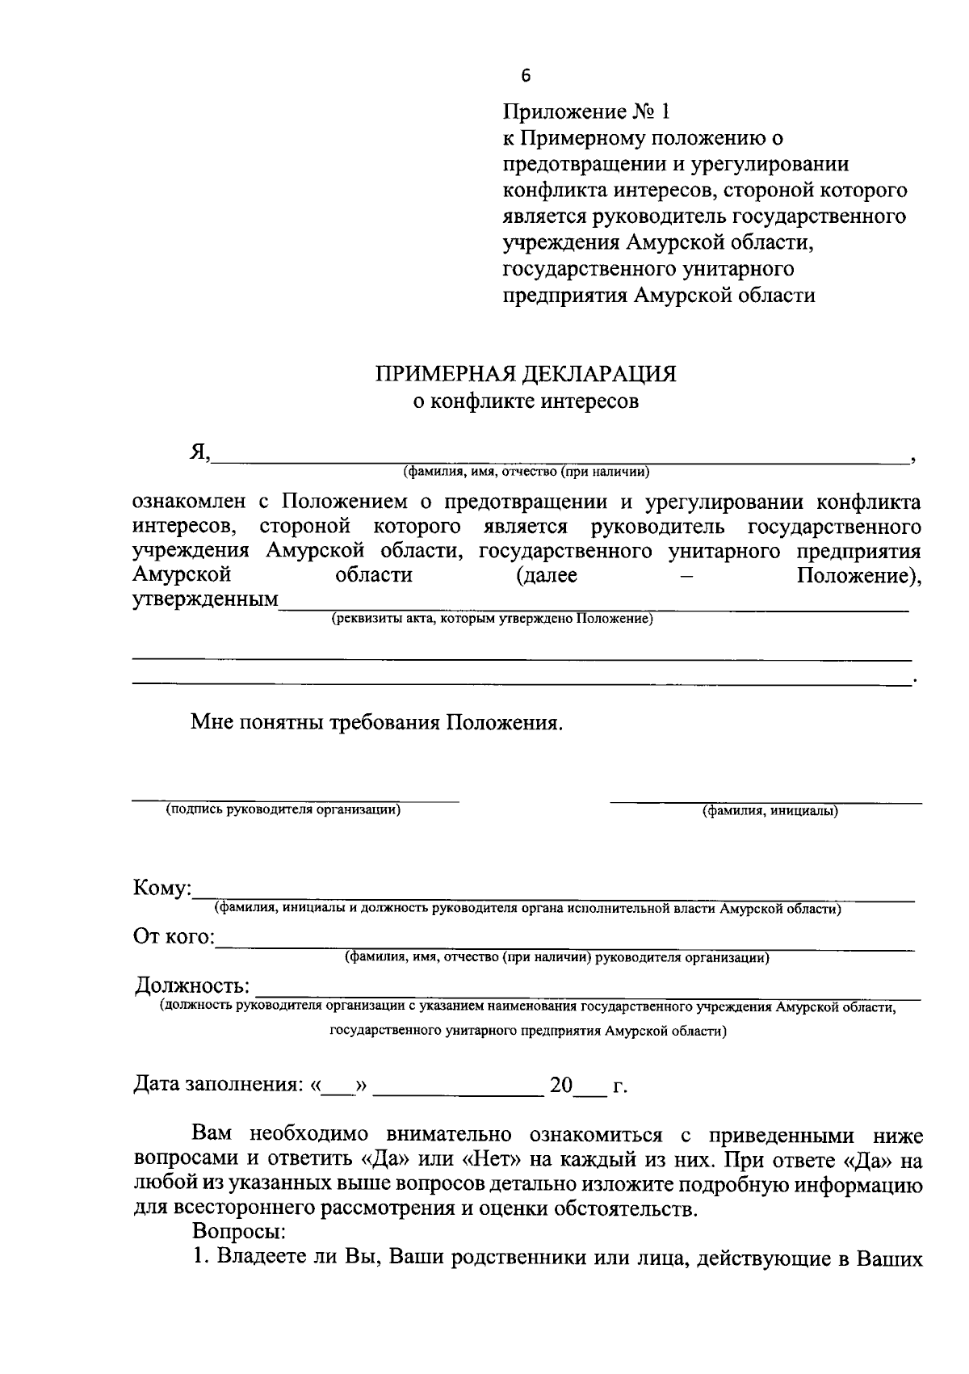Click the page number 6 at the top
(x=526, y=76)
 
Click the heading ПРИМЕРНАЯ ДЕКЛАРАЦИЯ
(x=525, y=373)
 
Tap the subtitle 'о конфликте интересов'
(x=526, y=401)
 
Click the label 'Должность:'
(x=191, y=985)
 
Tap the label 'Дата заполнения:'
(x=217, y=1085)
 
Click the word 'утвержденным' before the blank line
(x=205, y=600)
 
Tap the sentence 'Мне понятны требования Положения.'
(x=375, y=721)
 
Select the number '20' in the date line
(x=560, y=1085)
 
